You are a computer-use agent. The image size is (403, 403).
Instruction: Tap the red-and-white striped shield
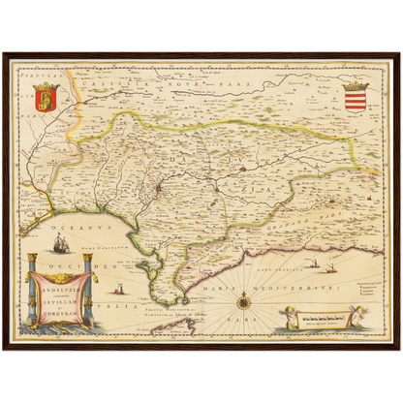[356, 97]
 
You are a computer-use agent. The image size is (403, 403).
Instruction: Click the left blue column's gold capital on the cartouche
[31, 261]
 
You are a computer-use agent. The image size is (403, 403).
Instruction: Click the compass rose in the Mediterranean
[244, 300]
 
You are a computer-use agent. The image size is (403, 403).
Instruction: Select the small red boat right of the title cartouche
[120, 289]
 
